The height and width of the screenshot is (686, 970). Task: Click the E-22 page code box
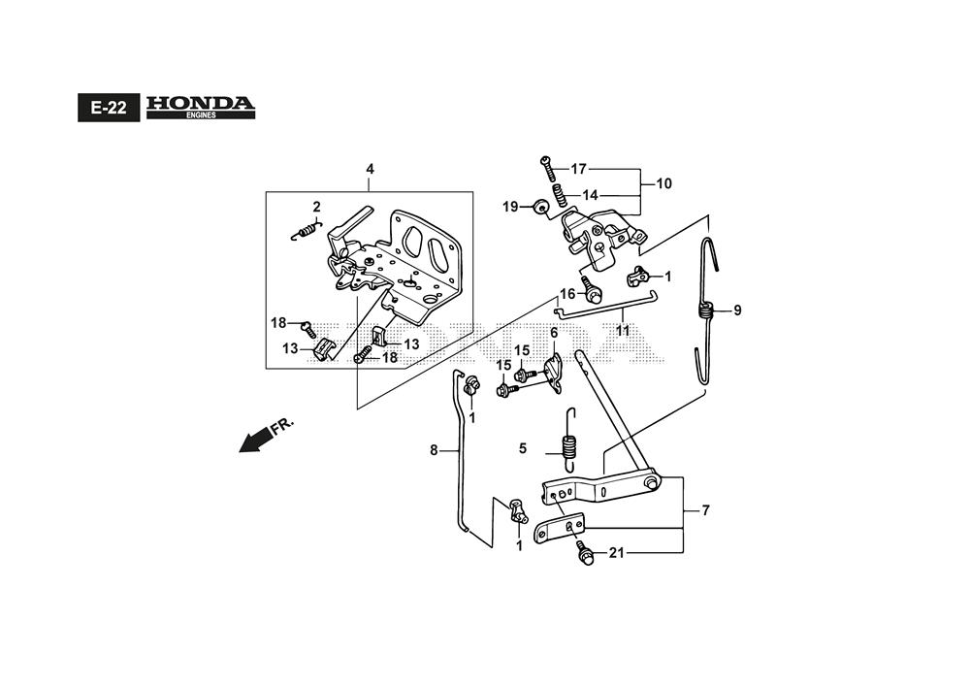pyautogui.click(x=109, y=108)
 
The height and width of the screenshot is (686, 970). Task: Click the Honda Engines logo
pyautogui.click(x=201, y=107)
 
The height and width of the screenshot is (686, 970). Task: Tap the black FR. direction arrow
pyautogui.click(x=256, y=440)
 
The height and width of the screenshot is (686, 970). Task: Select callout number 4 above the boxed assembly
pyautogui.click(x=370, y=170)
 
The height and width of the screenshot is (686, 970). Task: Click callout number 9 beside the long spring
pyautogui.click(x=737, y=310)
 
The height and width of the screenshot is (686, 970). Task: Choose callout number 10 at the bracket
pyautogui.click(x=663, y=183)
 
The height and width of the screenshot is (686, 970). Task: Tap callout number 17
pyautogui.click(x=579, y=169)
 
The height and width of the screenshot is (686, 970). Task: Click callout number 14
pyautogui.click(x=590, y=195)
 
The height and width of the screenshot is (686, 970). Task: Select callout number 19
pyautogui.click(x=510, y=206)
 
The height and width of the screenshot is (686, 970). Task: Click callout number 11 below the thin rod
pyautogui.click(x=622, y=331)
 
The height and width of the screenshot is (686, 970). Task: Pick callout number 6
pyautogui.click(x=554, y=333)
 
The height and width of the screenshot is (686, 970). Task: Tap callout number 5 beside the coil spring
pyautogui.click(x=523, y=448)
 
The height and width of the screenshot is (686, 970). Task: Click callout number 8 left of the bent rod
pyautogui.click(x=435, y=449)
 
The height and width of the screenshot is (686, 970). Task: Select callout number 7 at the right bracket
pyautogui.click(x=705, y=509)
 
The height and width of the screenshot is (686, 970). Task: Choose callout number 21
pyautogui.click(x=615, y=553)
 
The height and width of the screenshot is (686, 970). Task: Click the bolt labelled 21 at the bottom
pyautogui.click(x=585, y=554)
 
